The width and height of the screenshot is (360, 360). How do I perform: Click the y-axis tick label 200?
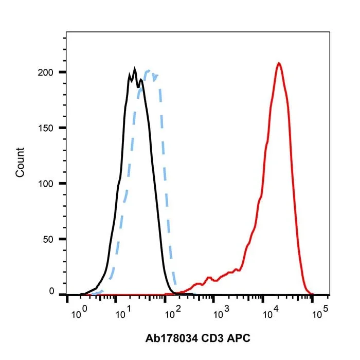[x=45, y=73]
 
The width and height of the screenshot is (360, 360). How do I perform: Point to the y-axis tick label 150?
[x=45, y=128]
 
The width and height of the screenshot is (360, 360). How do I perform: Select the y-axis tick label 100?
[x=45, y=184]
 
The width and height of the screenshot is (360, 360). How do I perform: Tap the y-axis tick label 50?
[x=48, y=240]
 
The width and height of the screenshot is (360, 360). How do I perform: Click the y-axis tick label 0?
[x=51, y=291]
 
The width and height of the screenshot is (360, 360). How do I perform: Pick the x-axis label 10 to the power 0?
[x=79, y=313]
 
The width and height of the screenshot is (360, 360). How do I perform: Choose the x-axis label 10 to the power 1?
[x=123, y=313]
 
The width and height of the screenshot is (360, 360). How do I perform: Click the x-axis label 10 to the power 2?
[x=173, y=313]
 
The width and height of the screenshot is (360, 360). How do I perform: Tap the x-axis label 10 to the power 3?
[x=221, y=313]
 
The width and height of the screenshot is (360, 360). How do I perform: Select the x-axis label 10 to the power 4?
[x=271, y=313]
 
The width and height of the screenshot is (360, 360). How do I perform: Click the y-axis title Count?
[x=20, y=163]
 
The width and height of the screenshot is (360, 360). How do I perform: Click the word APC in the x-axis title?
[x=239, y=338]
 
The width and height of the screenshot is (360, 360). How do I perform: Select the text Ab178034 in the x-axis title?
[x=171, y=338]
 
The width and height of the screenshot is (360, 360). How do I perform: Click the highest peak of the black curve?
[x=135, y=68]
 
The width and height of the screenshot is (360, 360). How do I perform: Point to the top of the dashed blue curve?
[x=149, y=70]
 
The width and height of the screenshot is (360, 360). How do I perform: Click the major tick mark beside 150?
[x=62, y=128]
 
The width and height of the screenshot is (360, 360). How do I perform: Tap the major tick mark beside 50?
[x=62, y=239]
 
